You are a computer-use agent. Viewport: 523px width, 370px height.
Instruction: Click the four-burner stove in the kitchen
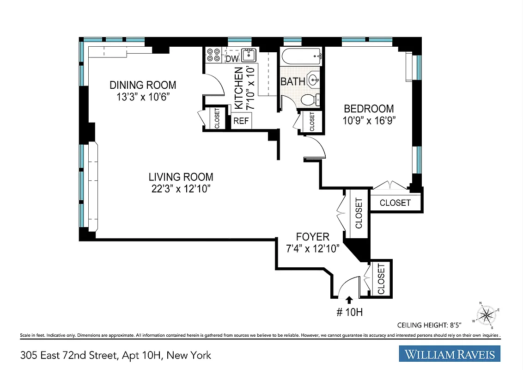pyautogui.click(x=213, y=55)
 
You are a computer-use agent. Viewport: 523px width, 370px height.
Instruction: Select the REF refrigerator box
pyautogui.click(x=241, y=121)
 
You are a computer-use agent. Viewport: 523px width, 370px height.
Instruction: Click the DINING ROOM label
pyautogui.click(x=143, y=85)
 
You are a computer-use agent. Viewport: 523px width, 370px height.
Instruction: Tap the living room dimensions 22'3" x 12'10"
pyautogui.click(x=181, y=188)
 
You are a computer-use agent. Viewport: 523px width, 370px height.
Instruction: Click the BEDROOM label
pyautogui.click(x=369, y=109)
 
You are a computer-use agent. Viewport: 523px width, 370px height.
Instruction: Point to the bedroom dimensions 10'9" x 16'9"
pyautogui.click(x=369, y=120)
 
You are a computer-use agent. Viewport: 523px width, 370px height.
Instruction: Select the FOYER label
pyautogui.click(x=313, y=237)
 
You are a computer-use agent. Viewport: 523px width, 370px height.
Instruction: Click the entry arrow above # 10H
pyautogui.click(x=349, y=300)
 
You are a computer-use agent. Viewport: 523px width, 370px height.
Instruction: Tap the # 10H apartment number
pyautogui.click(x=349, y=313)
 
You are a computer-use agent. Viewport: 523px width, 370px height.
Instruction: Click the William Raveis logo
pyautogui.click(x=450, y=354)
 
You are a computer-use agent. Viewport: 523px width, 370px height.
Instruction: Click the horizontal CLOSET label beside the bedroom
pyautogui.click(x=395, y=203)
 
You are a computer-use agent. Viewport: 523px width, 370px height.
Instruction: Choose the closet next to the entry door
pyautogui.click(x=381, y=278)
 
